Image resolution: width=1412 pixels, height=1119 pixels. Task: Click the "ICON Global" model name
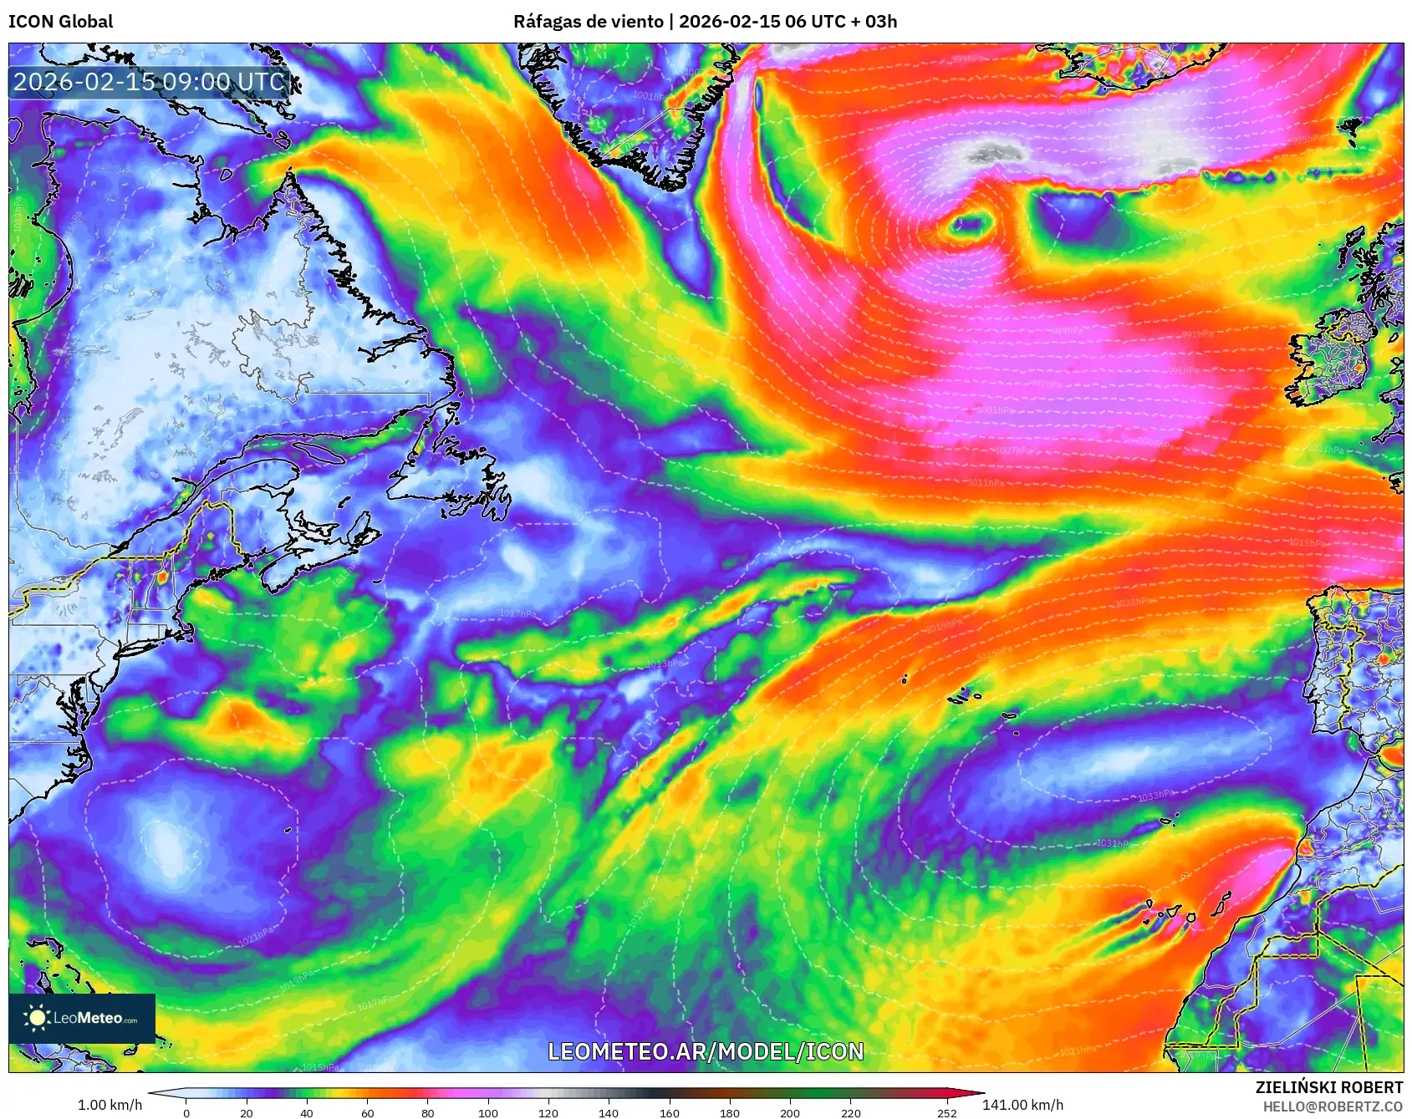click(60, 22)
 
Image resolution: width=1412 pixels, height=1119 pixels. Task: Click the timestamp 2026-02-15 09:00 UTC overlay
click(149, 82)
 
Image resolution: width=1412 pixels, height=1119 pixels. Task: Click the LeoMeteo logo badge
click(82, 1018)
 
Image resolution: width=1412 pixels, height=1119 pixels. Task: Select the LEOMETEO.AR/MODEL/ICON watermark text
click(706, 1051)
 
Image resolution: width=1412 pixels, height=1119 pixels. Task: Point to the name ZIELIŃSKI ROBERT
click(1328, 1087)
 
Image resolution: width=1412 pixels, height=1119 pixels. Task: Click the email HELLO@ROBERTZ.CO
click(1333, 1106)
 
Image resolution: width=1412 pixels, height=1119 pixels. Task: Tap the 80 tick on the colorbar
click(428, 1112)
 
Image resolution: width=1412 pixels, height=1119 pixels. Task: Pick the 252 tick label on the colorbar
click(946, 1112)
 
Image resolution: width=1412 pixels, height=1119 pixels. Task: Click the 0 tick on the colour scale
click(186, 1112)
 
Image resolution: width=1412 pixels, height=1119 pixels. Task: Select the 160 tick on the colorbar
click(669, 1112)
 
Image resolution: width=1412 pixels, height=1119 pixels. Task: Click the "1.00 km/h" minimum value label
click(110, 1105)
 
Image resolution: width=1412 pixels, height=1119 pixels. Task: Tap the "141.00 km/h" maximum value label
click(1022, 1105)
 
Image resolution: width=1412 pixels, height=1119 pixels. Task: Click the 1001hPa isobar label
click(995, 410)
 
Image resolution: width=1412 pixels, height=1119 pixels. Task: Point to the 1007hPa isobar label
click(1013, 450)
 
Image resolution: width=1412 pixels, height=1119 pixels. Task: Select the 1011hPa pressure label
click(986, 483)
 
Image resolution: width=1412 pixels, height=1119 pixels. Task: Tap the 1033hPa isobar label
click(1155, 796)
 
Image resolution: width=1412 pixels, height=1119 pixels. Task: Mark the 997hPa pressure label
click(1045, 384)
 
